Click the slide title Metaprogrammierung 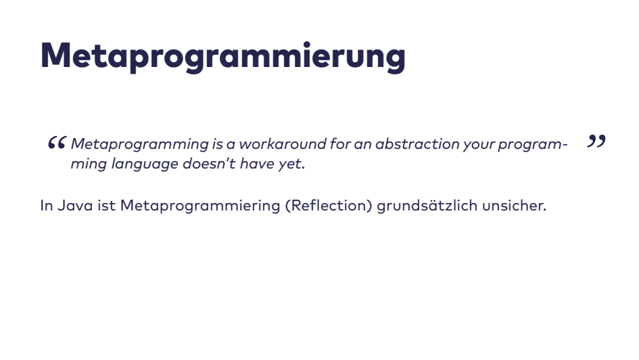223,55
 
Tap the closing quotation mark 596,141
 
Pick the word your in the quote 478,145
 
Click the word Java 75,205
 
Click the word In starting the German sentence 47,205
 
